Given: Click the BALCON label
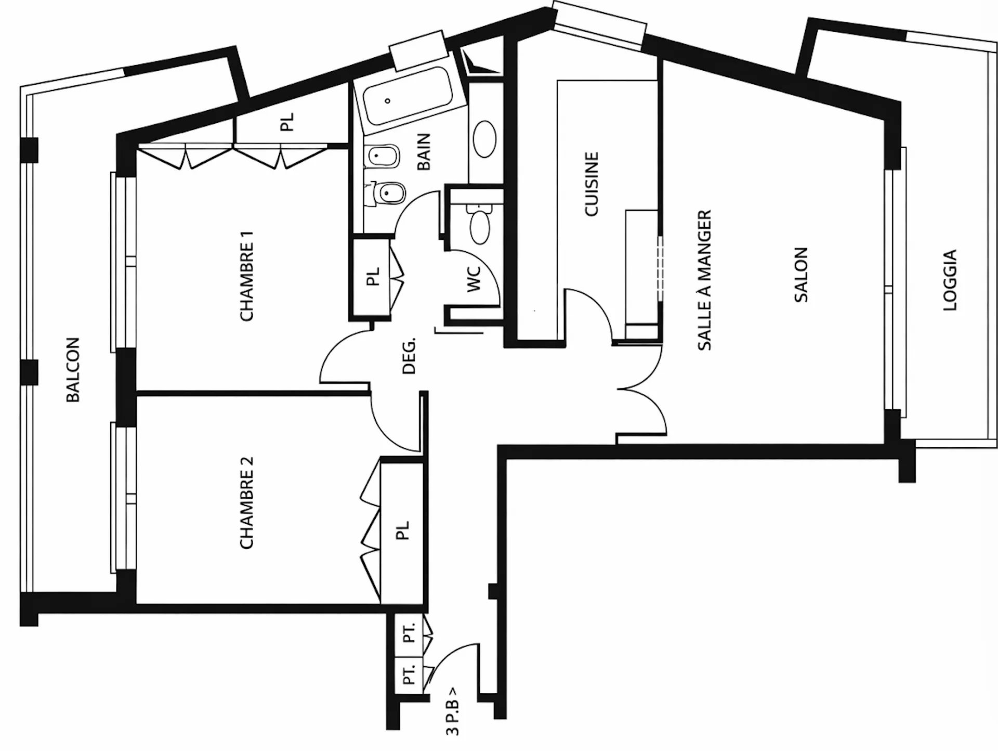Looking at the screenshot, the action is point(73,370).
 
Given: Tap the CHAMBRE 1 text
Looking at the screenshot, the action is point(246,276).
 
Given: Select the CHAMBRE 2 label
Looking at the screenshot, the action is point(246,503).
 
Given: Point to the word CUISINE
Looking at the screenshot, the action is point(592,184).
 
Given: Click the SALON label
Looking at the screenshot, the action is point(801,275).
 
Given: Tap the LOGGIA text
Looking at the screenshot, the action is point(950,281).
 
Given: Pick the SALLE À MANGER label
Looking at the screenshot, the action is point(704,280).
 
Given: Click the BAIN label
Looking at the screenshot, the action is point(424,152).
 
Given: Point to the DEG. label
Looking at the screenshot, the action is point(410,356).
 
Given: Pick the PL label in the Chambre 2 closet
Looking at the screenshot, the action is point(403,531).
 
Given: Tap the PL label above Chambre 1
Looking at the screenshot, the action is point(287,122).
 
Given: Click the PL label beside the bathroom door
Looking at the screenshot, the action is point(373,277).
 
